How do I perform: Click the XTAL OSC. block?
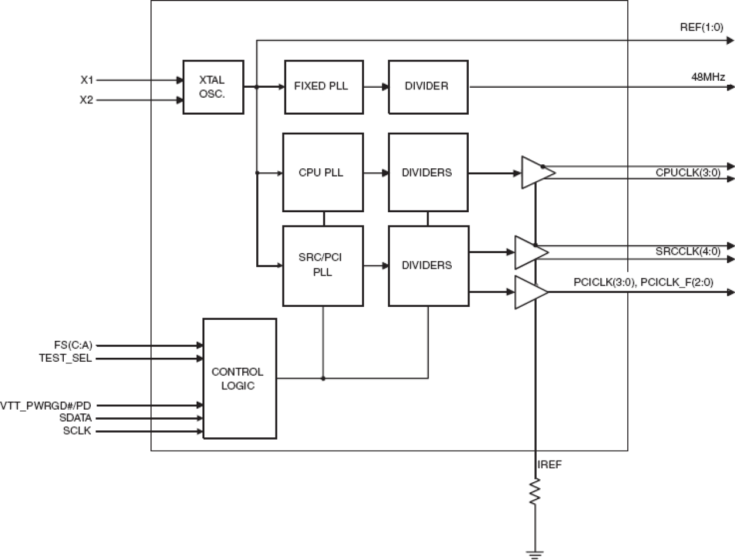(213, 87)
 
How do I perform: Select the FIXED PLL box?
(324, 87)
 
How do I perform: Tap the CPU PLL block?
(322, 172)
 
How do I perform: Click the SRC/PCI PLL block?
(322, 266)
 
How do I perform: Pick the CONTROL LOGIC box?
(239, 379)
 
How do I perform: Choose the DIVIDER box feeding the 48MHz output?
(428, 87)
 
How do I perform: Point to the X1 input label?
(87, 80)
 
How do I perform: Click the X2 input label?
(87, 100)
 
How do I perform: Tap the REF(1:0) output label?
(701, 27)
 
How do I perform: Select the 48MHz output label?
(708, 77)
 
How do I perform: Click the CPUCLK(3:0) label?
(688, 172)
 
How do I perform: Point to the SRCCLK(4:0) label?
(688, 251)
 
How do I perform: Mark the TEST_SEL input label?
(65, 358)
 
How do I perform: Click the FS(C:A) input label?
(73, 345)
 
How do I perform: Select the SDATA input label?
(75, 418)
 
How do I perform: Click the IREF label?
(549, 465)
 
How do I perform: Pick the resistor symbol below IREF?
(535, 491)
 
